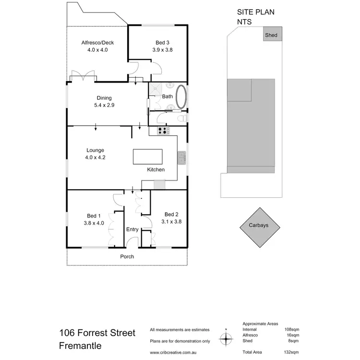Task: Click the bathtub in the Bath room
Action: [x=181, y=97]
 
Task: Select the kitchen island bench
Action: [x=147, y=157]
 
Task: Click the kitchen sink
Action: [x=182, y=157]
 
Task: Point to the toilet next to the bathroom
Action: [x=181, y=118]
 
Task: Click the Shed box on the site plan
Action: [x=271, y=35]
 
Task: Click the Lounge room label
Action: [x=95, y=150]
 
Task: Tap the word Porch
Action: [x=127, y=257]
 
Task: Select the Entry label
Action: [x=132, y=229]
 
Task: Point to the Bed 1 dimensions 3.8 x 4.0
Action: [x=94, y=222]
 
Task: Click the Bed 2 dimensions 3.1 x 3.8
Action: [x=171, y=221]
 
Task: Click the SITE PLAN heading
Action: [x=256, y=13]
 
